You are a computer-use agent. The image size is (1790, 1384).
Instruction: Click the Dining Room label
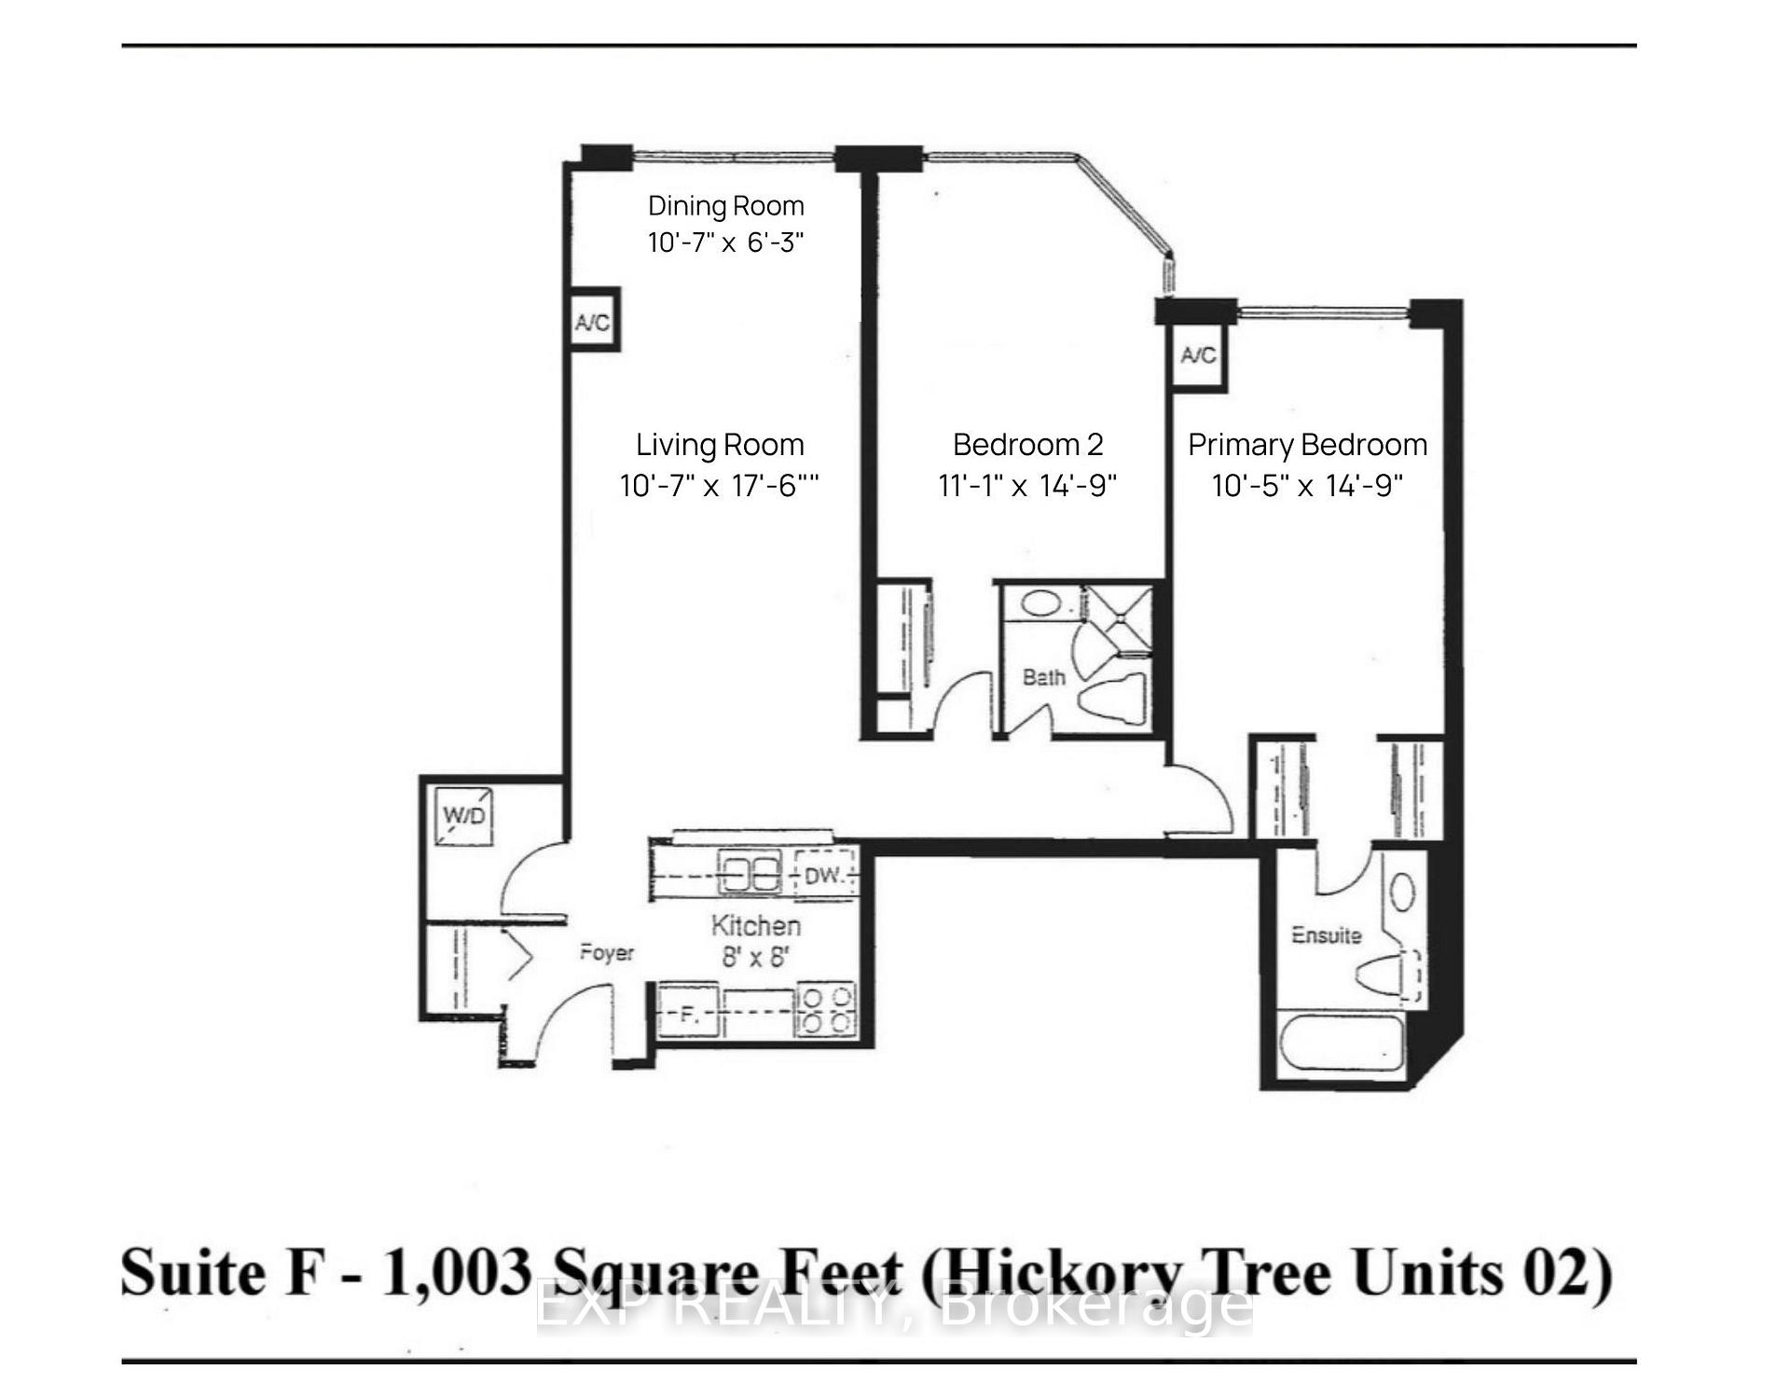[725, 206]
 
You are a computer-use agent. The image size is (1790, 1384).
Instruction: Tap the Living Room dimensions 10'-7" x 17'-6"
[719, 486]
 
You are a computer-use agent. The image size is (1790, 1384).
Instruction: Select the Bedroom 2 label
[1027, 445]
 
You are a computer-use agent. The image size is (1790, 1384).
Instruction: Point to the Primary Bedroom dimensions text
[1307, 486]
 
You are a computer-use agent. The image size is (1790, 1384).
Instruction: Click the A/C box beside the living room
[593, 323]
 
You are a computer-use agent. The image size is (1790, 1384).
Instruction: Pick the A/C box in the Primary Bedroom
[1198, 355]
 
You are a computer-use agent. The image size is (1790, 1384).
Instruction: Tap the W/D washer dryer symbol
[464, 816]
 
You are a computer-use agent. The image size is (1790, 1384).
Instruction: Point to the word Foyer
[606, 953]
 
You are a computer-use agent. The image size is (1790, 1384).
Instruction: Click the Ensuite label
[1326, 935]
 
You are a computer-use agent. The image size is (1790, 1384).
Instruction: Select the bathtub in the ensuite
[1343, 1045]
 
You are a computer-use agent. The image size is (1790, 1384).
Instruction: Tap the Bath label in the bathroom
[1043, 678]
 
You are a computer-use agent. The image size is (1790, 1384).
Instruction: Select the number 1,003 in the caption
[457, 1273]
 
